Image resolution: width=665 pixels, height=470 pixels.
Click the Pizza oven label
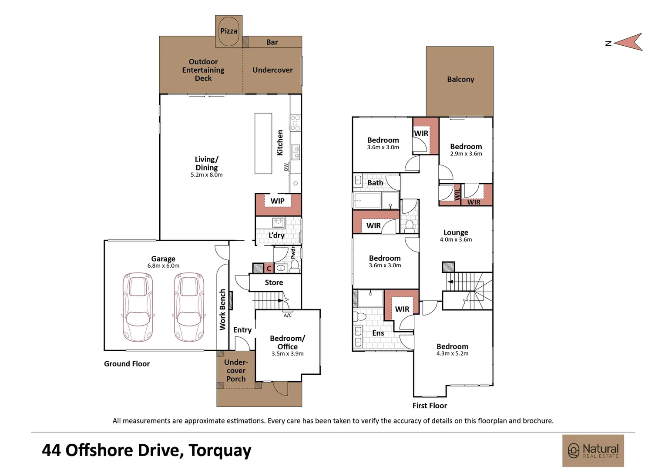click(228, 31)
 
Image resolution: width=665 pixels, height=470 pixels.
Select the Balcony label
click(460, 79)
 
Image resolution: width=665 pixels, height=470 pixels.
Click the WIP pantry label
click(277, 201)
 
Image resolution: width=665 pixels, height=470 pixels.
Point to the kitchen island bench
click(263, 143)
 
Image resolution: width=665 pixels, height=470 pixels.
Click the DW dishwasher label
click(286, 167)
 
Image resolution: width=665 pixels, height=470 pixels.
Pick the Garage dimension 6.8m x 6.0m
click(163, 266)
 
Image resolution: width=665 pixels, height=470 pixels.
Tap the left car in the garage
click(138, 307)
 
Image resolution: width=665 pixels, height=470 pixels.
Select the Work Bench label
click(223, 310)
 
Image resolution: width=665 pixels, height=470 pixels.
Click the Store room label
click(274, 282)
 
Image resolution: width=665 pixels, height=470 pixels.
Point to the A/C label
click(287, 316)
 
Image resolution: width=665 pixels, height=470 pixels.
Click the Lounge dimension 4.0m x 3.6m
click(456, 240)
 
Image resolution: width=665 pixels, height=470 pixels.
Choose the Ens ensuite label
click(378, 333)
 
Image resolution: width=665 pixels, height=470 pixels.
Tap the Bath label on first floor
click(375, 183)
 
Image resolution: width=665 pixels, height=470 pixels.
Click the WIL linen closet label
click(457, 194)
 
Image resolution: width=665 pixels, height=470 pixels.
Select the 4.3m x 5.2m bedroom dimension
click(453, 354)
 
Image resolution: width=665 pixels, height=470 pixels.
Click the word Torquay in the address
click(220, 451)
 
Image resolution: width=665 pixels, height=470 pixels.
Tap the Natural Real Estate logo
click(593, 450)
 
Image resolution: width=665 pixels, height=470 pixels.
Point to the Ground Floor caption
click(127, 364)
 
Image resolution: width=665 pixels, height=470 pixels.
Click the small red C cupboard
click(269, 269)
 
